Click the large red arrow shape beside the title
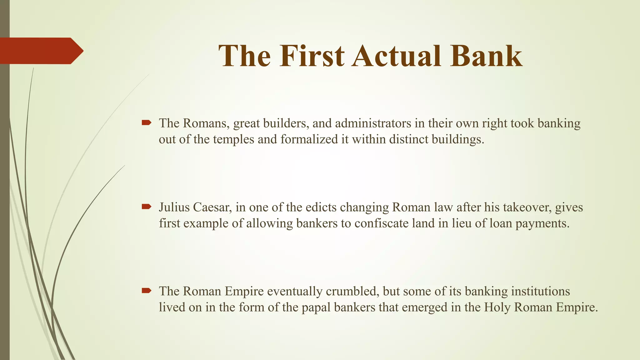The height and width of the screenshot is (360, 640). click(x=41, y=51)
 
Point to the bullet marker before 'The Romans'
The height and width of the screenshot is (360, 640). click(x=146, y=123)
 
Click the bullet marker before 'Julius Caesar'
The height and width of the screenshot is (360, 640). click(x=146, y=207)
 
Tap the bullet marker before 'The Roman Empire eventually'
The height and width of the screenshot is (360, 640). click(x=146, y=291)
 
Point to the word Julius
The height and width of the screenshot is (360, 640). click(x=174, y=207)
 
